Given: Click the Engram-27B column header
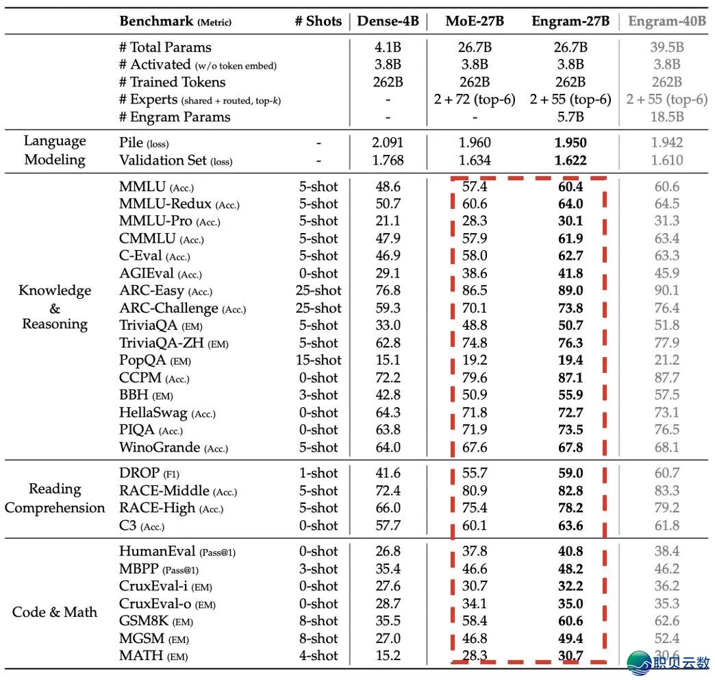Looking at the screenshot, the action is pos(570,21).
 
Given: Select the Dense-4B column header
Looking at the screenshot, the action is pos(388,21).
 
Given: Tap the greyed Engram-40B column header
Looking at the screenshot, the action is pos(666,21).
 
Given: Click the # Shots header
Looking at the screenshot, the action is pos(318,21).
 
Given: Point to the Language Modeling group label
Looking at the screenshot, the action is pos(55,150).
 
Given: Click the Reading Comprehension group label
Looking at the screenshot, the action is pos(55,498).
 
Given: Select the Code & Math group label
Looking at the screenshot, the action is pos(55,611).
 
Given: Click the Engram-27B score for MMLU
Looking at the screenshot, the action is pos(570,186).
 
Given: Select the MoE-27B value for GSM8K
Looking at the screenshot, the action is pos(474,620).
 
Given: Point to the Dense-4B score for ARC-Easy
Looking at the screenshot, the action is pos(388,290).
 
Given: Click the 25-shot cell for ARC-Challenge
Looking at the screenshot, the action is pos(318,308).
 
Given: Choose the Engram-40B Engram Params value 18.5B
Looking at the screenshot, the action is pos(666,117).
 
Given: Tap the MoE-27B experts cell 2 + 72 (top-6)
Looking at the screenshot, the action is pos(474,99).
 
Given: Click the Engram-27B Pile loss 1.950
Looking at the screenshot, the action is pos(570,143).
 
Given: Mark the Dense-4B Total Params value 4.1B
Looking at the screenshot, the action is pos(388,47).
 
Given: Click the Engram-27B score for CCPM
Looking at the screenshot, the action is pos(570,378).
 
